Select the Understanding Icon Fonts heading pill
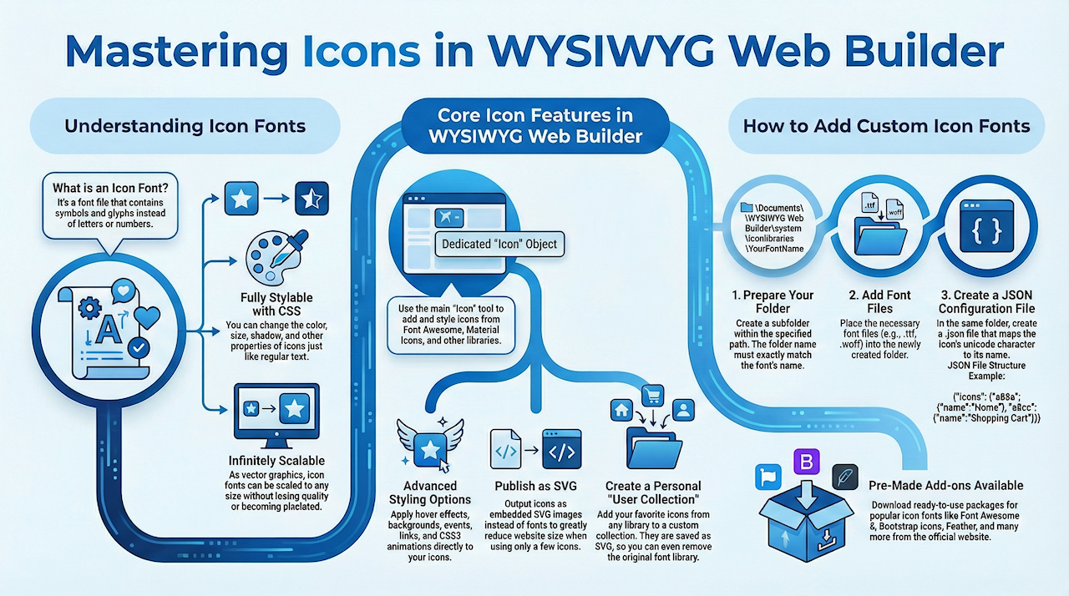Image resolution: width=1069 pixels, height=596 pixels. coord(185,127)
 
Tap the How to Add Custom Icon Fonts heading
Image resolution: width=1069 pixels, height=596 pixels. coord(886,127)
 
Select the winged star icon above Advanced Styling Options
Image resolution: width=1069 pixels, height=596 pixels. coord(429,449)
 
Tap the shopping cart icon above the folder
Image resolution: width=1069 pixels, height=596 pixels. coord(651,395)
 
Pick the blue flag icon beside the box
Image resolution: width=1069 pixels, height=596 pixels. coord(767,477)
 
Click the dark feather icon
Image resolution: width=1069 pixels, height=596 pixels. coord(844,477)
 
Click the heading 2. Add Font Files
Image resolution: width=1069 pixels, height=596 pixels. coord(879,301)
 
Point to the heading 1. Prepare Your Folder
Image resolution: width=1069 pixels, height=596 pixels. coord(772,301)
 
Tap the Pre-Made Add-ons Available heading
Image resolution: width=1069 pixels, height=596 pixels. coord(945,485)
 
